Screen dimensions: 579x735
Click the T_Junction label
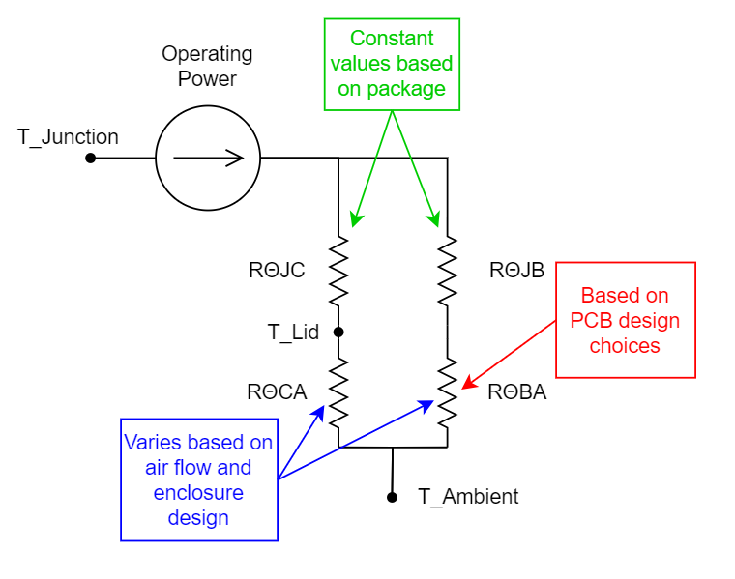68,137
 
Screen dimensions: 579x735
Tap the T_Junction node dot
90,158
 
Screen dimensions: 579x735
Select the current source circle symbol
208,158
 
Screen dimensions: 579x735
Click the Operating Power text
207,66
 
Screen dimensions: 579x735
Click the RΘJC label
277,271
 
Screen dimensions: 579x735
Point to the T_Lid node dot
338,332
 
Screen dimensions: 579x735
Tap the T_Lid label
293,333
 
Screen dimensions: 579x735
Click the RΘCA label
277,391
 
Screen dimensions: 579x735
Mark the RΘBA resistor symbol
447,391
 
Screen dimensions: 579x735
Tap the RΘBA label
517,392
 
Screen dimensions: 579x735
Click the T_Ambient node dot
392,497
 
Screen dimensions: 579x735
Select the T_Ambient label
468,497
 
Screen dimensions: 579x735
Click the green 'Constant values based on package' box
392,64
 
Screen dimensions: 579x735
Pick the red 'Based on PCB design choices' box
625,320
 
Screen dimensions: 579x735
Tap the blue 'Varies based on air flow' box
199,479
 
